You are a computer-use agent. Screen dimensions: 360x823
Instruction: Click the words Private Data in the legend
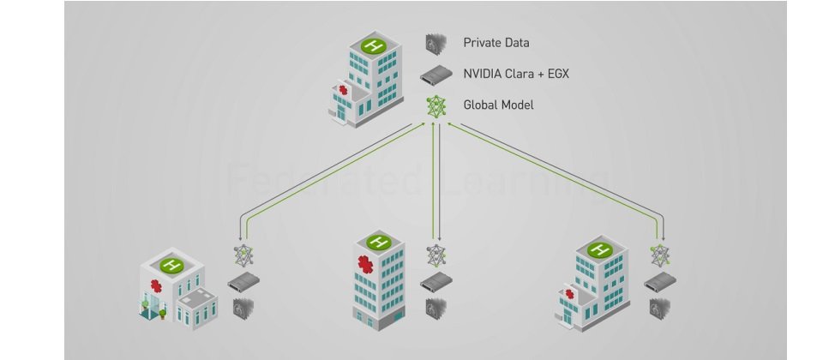tap(496, 42)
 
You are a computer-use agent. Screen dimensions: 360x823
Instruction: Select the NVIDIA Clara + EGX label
tap(516, 74)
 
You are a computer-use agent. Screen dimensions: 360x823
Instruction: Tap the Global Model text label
tap(498, 105)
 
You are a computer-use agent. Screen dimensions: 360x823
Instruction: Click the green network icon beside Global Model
tap(436, 105)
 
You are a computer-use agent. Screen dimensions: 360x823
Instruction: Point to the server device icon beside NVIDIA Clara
tap(436, 75)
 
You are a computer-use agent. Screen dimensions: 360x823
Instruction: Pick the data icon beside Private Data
tap(436, 43)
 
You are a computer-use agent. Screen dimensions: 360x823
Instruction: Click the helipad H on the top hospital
tap(372, 45)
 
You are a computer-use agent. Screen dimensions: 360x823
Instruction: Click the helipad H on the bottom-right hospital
tap(599, 249)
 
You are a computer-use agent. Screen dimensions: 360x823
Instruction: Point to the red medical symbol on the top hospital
tap(344, 90)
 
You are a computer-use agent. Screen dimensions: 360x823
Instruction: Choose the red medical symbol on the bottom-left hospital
tap(156, 285)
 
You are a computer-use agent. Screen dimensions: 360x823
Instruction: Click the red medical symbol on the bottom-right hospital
tap(570, 294)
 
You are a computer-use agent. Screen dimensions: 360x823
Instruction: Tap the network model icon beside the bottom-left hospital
tap(243, 255)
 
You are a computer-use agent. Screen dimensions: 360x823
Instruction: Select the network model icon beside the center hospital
tap(436, 255)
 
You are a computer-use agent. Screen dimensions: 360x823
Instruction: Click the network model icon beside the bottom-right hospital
tap(659, 255)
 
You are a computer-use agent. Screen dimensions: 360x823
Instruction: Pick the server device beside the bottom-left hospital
tap(243, 284)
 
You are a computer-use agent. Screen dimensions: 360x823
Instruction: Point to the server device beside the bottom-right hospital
tap(659, 282)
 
